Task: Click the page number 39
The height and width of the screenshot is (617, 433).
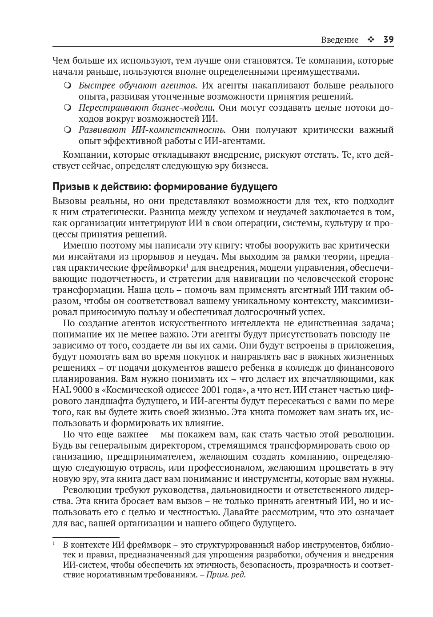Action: pos(388,40)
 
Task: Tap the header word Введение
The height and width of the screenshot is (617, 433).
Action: pos(340,40)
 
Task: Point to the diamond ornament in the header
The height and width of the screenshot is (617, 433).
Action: pos(371,40)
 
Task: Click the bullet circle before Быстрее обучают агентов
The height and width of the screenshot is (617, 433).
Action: pos(68,85)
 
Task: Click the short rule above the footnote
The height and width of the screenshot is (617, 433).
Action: pos(86,537)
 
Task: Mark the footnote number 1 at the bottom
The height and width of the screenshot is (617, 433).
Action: pos(54,544)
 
